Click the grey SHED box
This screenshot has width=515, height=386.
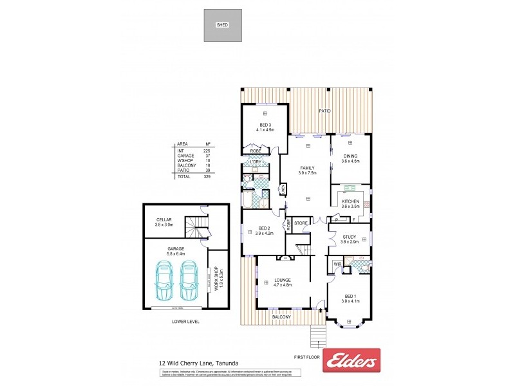point(223,26)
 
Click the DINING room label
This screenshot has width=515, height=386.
point(350,156)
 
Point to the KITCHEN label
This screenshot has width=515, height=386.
point(350,201)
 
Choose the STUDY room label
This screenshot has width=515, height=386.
point(350,237)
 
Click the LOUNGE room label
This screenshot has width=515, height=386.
point(282,280)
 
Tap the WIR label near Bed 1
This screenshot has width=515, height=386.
point(337,264)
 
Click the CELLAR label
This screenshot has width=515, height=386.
point(164,220)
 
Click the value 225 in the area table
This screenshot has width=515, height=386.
point(207,151)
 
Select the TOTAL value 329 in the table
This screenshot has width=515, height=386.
point(207,176)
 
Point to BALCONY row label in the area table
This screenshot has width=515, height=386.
point(185,165)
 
